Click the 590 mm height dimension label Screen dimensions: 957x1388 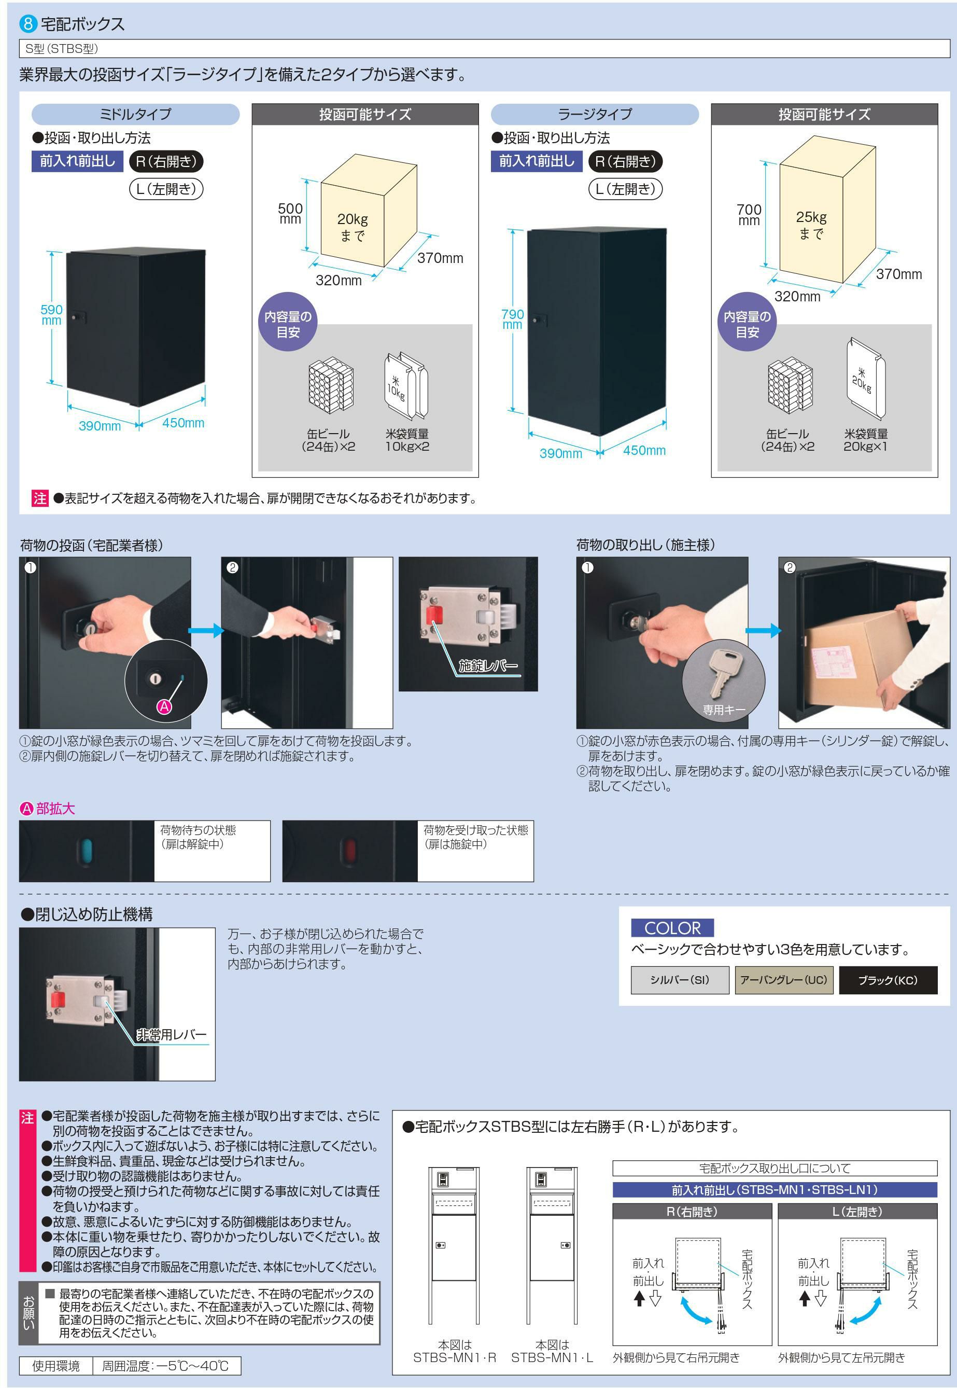(51, 314)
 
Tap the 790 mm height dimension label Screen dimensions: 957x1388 (512, 319)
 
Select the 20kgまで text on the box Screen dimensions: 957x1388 (353, 227)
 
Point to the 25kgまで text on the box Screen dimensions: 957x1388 (811, 225)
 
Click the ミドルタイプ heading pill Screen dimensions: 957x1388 (135, 114)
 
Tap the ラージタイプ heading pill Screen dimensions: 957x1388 (595, 114)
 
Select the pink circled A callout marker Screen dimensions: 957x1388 (164, 706)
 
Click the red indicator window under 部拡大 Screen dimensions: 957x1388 (348, 851)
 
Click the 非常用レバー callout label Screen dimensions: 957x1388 (172, 1035)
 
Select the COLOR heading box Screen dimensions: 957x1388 (672, 928)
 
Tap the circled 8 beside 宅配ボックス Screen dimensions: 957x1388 (28, 24)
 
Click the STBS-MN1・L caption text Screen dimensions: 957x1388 (552, 1357)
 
